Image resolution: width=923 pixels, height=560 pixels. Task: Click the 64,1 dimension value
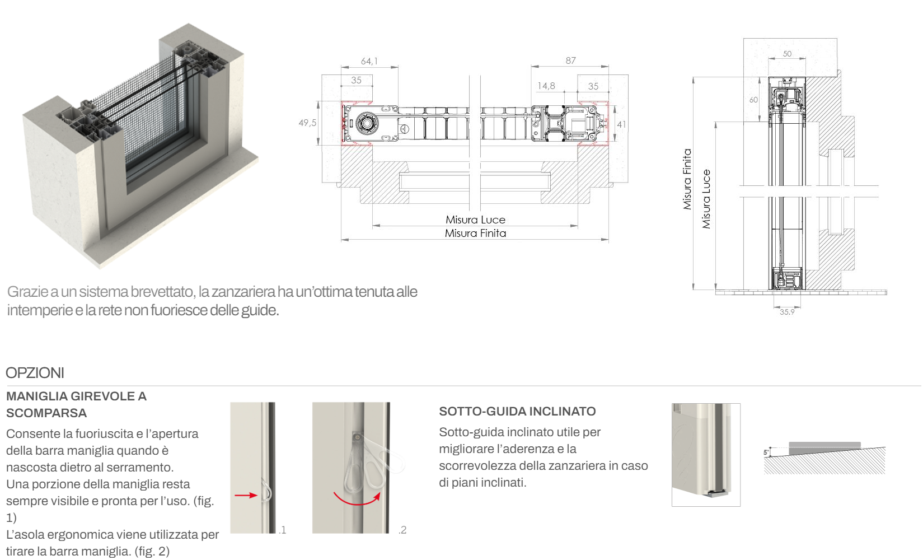point(369,62)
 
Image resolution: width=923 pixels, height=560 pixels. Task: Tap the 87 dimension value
point(570,60)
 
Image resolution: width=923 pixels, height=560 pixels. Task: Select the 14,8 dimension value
point(546,86)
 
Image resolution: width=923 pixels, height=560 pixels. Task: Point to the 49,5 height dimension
point(307,123)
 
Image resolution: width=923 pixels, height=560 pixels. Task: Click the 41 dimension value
point(621,124)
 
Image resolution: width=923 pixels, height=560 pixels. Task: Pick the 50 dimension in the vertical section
point(787,54)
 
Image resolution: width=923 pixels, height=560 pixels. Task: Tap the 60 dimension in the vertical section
point(753,100)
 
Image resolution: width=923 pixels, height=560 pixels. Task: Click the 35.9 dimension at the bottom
point(787,312)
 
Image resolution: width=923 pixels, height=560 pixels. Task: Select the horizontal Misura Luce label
point(476,220)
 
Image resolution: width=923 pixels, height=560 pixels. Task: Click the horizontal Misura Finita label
point(476,234)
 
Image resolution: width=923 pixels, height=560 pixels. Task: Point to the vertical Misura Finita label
point(687,179)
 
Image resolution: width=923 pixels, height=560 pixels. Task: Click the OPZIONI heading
point(35,373)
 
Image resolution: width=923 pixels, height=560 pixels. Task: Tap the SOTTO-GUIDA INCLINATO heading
point(518,411)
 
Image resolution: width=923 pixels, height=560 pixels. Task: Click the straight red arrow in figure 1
point(246,495)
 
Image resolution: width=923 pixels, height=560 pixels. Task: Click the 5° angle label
point(766,452)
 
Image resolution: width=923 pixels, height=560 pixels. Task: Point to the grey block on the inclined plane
point(824,448)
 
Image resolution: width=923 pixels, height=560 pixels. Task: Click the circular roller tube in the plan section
point(366,123)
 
